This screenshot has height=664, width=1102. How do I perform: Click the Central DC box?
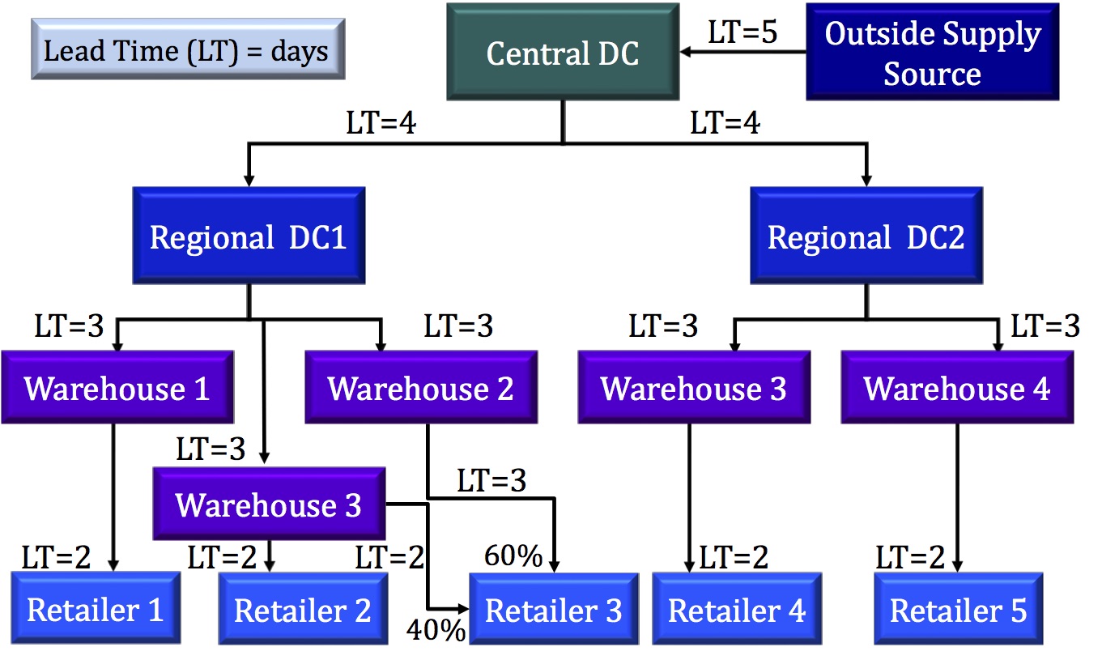point(563,53)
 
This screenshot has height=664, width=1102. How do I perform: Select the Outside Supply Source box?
point(932,53)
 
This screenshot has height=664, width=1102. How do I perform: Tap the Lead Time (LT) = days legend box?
point(186,50)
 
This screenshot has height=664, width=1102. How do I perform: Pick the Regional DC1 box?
point(248,237)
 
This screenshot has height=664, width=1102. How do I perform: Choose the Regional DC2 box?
point(866,237)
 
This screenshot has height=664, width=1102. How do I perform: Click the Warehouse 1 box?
point(117,388)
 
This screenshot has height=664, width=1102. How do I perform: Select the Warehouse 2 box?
point(420,388)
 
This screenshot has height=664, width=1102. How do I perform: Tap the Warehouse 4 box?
point(957,388)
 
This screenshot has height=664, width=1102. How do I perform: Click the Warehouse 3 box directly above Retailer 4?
point(694,388)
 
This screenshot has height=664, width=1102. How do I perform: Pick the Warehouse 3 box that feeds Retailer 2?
point(269,504)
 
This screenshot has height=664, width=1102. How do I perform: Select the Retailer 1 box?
point(96,609)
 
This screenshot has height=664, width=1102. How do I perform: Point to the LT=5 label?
point(742,32)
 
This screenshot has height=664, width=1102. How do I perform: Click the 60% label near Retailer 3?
point(513,555)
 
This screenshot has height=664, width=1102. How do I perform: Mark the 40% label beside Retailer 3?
point(436,629)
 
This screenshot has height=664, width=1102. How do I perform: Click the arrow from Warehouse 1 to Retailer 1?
point(113,494)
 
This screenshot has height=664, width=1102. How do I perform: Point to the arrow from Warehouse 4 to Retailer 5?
point(959,494)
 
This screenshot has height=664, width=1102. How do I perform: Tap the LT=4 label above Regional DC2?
point(725,124)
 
